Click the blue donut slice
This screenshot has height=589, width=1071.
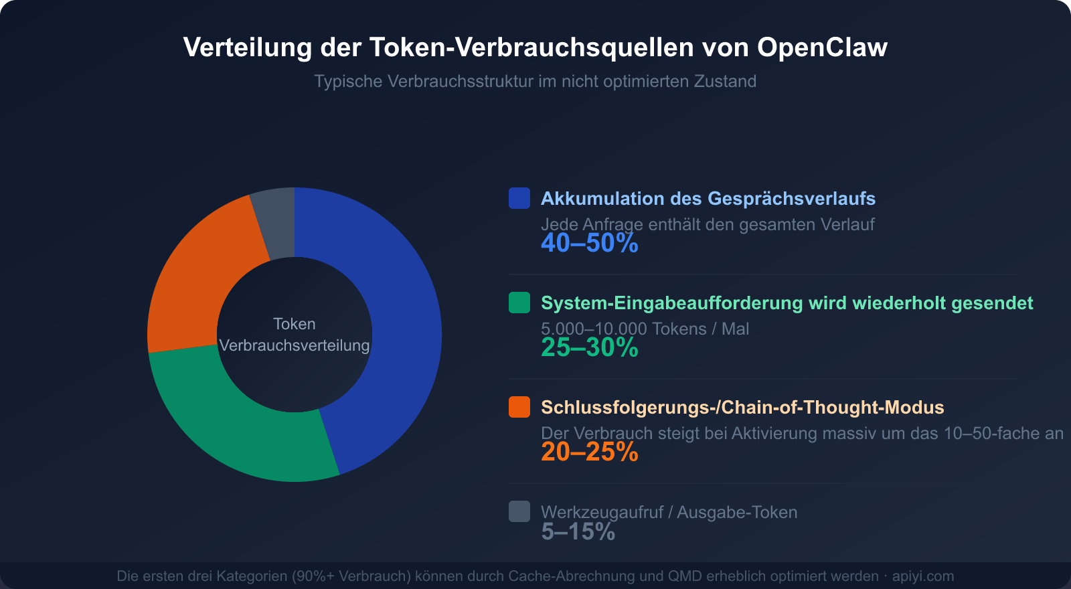point(402,321)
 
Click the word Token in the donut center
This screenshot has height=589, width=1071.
point(295,324)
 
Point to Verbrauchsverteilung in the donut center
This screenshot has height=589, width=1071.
point(295,345)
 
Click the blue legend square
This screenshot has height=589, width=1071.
point(519,198)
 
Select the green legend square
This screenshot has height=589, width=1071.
point(519,303)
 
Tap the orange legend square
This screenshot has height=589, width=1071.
point(519,407)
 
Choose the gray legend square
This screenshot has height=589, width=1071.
point(519,511)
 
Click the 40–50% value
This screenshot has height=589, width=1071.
point(589,243)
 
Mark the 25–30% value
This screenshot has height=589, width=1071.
point(589,347)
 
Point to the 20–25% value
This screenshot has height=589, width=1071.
point(589,452)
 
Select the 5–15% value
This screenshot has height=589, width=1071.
point(578,531)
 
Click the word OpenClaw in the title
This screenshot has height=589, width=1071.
point(822,48)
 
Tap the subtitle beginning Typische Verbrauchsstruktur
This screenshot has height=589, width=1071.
point(535,82)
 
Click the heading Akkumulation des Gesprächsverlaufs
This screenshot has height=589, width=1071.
point(708,199)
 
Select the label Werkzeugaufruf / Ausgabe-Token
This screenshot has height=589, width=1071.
point(669,512)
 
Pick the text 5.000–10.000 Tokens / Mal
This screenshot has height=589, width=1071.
point(645,329)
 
